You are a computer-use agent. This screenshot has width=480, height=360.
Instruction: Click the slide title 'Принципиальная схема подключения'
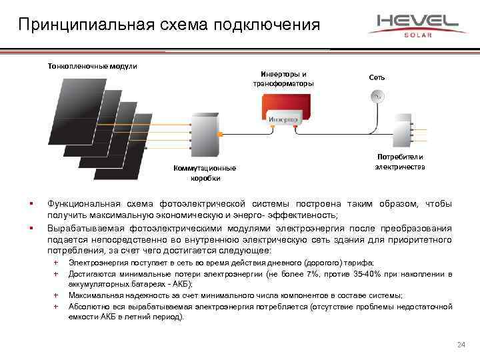pos(169,25)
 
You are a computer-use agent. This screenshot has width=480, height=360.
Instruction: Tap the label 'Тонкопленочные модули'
pos(91,66)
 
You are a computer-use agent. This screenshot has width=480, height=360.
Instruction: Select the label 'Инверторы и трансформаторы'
pos(283,78)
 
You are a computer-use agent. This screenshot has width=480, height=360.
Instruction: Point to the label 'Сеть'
pos(377,77)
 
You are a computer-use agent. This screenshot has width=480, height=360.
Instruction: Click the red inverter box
pos(285,110)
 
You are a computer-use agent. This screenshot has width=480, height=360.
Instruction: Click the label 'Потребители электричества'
pos(400,162)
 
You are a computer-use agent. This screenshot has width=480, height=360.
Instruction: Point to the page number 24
pos(461,344)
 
